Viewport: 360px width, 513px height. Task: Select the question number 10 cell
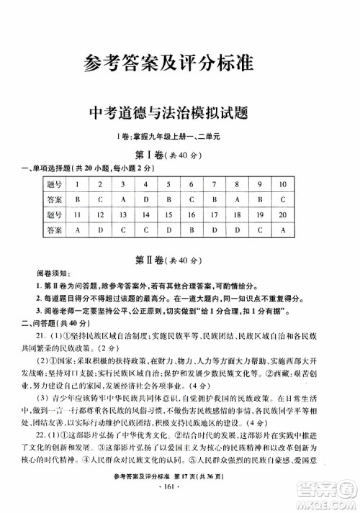tap(283, 183)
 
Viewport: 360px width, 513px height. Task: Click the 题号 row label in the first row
tap(53, 183)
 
